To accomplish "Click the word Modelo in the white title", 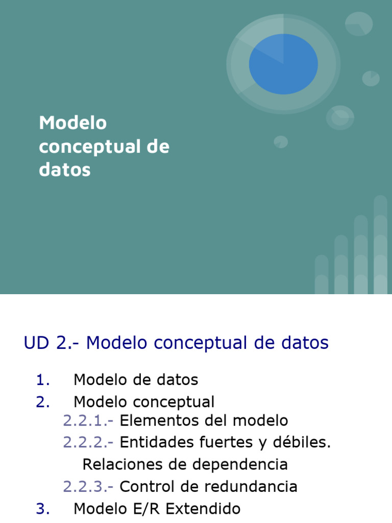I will [73, 123].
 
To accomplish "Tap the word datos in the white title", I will [65, 170].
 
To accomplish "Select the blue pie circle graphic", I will [283, 64].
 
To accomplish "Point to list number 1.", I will [43, 380].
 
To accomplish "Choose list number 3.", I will [43, 509].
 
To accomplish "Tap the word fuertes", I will [226, 442].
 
